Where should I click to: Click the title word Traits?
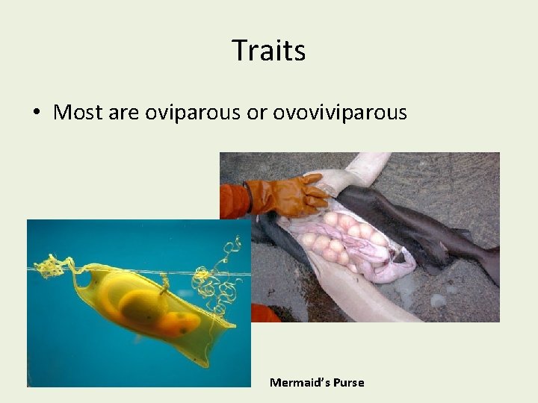(x=268, y=51)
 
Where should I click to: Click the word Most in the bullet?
(x=78, y=113)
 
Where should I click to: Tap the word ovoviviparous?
(x=340, y=113)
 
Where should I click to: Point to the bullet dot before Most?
(x=36, y=113)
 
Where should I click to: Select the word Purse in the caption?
(x=350, y=383)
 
